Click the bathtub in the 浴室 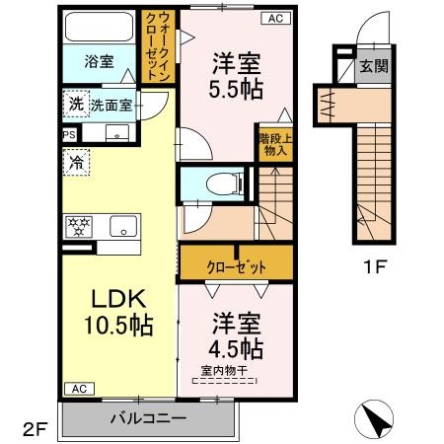click(x=99, y=27)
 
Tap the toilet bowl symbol click(x=224, y=183)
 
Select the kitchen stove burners click(x=79, y=226)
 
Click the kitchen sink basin click(x=123, y=226)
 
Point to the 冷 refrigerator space click(x=77, y=162)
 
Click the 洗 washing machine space click(x=76, y=104)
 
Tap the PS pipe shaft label click(x=69, y=135)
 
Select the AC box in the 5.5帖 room click(x=276, y=18)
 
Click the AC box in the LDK click(x=79, y=389)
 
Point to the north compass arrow click(x=374, y=419)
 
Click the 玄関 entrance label click(x=374, y=66)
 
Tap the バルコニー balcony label click(x=148, y=418)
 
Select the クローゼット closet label click(x=236, y=267)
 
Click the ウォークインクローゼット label click(x=158, y=45)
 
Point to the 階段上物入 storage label click(x=275, y=145)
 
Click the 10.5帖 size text click(x=118, y=326)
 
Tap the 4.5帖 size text click(x=236, y=348)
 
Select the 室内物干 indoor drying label click(x=224, y=371)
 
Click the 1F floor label click(x=374, y=266)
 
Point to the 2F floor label click(x=36, y=428)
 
